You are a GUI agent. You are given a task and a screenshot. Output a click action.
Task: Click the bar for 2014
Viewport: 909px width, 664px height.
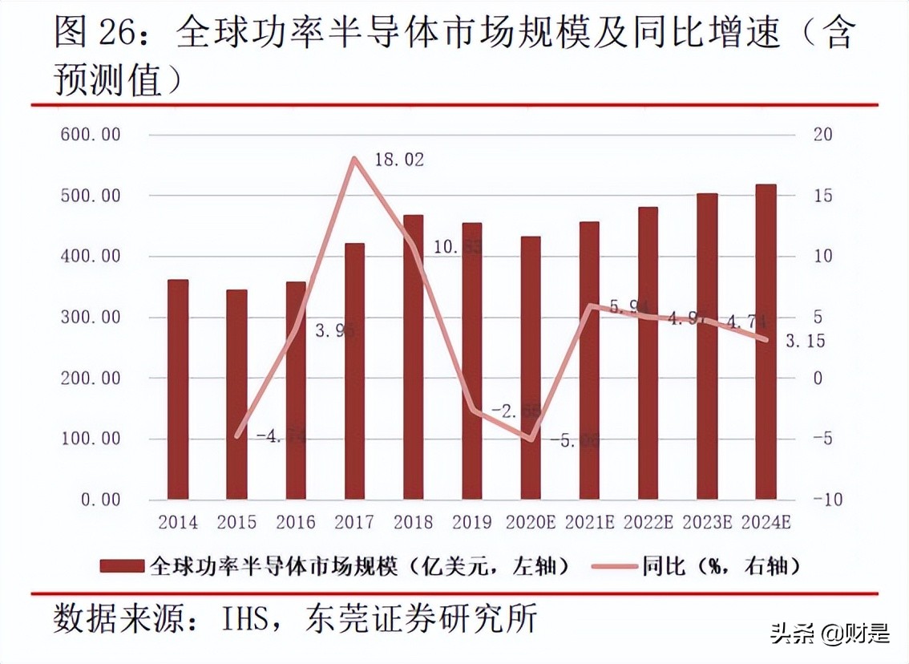tap(178, 390)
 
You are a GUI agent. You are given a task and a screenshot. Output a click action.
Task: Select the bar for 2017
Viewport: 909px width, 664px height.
tap(354, 371)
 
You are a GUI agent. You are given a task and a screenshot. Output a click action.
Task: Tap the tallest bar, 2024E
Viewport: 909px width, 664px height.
tap(766, 342)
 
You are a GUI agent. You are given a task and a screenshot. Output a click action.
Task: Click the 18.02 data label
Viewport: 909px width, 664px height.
tap(399, 160)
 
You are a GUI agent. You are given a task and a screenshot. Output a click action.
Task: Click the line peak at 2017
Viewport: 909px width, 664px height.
tap(354, 158)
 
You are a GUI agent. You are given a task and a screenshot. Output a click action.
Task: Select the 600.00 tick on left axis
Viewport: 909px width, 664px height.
tap(91, 134)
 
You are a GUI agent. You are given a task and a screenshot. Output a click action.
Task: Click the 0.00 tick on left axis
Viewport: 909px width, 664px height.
tap(100, 500)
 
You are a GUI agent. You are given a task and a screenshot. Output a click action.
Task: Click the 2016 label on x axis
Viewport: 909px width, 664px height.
tap(296, 523)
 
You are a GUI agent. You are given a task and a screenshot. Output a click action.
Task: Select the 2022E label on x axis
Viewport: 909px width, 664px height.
tap(648, 523)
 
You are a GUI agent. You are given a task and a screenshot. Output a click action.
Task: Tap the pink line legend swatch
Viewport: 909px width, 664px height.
tap(614, 566)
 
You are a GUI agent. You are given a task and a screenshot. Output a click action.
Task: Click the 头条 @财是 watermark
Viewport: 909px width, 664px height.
tap(830, 634)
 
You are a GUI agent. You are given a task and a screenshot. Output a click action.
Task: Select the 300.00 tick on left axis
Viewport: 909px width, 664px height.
tap(91, 317)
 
